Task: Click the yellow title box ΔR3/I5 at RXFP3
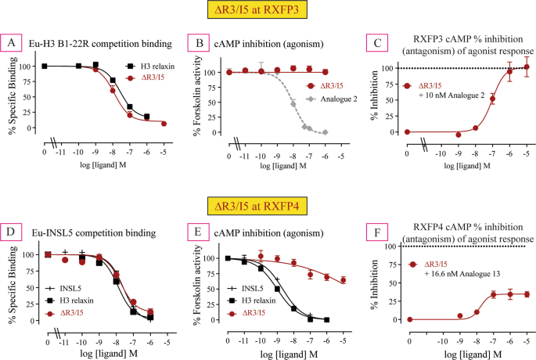click(268, 13)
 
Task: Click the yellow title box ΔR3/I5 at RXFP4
click(268, 206)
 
